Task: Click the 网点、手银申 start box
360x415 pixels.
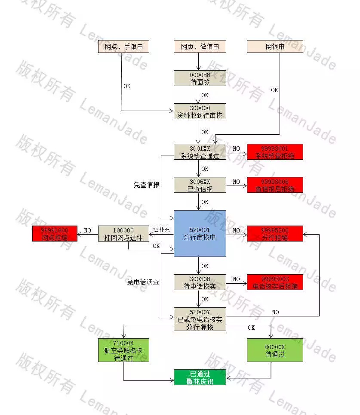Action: (124, 46)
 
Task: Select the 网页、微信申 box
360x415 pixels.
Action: (200, 46)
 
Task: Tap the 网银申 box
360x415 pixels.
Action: (275, 46)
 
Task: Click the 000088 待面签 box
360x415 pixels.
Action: (200, 78)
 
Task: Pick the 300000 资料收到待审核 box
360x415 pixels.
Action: (200, 111)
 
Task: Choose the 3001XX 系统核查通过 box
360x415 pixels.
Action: (200, 152)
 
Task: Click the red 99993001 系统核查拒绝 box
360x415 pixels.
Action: (275, 152)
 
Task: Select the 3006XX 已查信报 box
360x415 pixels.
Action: (200, 185)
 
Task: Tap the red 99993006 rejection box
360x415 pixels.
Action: (275, 185)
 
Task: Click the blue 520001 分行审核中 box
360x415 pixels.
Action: (200, 233)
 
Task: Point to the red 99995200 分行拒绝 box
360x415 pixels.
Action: (275, 233)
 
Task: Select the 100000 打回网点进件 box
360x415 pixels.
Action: (123, 233)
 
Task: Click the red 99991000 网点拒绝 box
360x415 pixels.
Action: (55, 233)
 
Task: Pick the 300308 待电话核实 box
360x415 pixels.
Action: (200, 282)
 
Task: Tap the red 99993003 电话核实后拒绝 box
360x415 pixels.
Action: (275, 282)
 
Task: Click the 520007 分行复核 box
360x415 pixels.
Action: (200, 319)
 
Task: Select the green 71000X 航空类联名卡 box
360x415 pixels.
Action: (124, 350)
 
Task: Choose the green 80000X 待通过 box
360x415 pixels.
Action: (275, 350)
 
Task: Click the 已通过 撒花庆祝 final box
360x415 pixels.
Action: (200, 377)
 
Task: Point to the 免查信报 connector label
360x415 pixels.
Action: (147, 185)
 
